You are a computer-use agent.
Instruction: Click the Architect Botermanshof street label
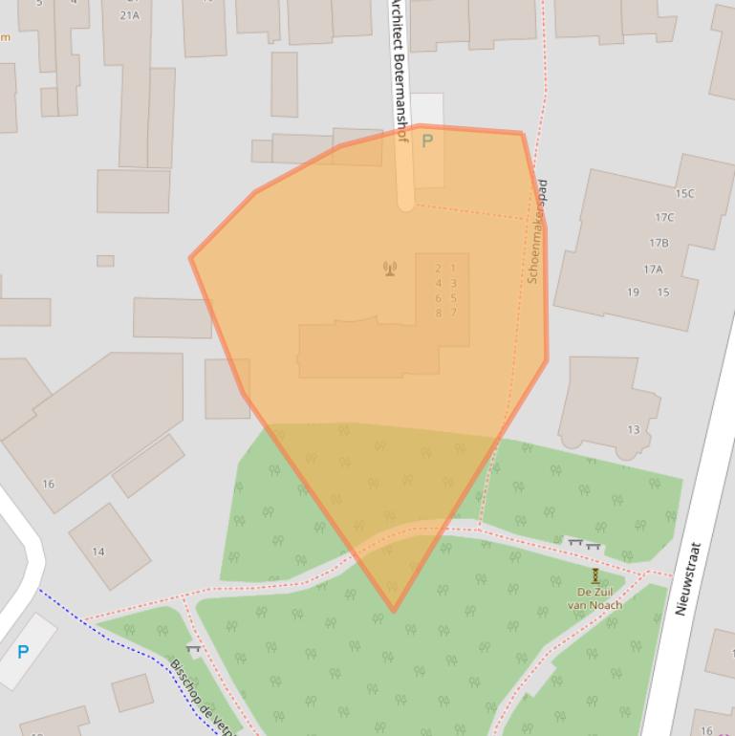(399, 72)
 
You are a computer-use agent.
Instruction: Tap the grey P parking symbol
(427, 141)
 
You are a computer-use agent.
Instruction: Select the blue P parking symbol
(23, 652)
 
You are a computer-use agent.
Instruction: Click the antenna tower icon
(390, 269)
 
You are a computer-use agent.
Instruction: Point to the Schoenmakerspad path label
(538, 231)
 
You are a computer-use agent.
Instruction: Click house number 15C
(684, 193)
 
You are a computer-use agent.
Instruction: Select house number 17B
(659, 243)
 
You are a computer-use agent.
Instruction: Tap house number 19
(633, 292)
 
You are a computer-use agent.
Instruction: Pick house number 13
(634, 430)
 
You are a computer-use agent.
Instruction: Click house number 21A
(129, 15)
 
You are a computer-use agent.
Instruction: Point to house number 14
(98, 552)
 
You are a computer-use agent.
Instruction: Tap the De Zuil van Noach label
(594, 598)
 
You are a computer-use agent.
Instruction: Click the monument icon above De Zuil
(595, 575)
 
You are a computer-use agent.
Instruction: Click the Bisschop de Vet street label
(204, 695)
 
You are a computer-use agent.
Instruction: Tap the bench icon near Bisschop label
(194, 649)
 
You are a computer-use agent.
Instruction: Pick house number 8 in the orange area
(439, 313)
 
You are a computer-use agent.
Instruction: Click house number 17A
(653, 270)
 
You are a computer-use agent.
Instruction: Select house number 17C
(664, 217)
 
